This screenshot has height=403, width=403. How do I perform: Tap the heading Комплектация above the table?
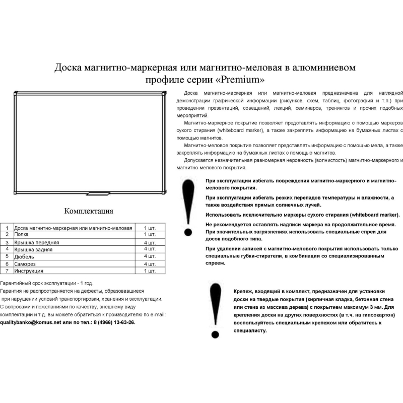pos(89,211)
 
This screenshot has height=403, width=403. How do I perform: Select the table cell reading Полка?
pos(22,235)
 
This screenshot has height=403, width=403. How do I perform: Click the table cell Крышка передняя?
pos(37,242)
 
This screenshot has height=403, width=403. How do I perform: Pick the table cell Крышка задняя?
pos(33,249)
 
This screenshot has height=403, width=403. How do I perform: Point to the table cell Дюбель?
pos(25,256)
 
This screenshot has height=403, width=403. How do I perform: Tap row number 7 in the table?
pos(7,271)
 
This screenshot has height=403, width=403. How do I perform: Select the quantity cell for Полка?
pos(150,235)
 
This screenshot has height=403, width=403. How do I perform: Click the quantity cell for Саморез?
pos(150,264)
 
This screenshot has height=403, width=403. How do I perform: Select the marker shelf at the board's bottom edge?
pos(98,193)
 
